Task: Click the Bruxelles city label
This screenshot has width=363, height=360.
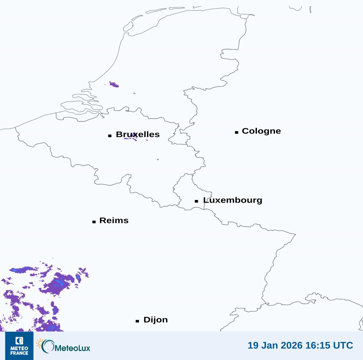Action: [138, 134]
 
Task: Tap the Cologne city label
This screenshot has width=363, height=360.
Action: [261, 131]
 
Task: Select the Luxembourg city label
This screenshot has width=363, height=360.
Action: [233, 200]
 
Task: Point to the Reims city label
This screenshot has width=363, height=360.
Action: [114, 220]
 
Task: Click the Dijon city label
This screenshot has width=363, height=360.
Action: [155, 320]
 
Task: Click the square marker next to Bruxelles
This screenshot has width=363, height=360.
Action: [110, 136]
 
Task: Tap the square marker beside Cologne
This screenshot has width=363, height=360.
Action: [237, 132]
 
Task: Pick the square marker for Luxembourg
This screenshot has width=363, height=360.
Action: [197, 201]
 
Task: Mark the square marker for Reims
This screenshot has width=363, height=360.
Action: [94, 222]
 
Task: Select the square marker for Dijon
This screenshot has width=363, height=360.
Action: [137, 321]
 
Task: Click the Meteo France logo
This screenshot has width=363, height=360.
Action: [19, 346]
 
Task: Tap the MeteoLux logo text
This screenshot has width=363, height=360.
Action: [72, 348]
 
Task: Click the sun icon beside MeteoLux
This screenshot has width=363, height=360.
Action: [40, 343]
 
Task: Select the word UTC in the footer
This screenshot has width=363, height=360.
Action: [343, 345]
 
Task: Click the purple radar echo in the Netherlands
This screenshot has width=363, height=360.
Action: [114, 84]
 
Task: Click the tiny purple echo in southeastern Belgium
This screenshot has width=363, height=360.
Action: [158, 160]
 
